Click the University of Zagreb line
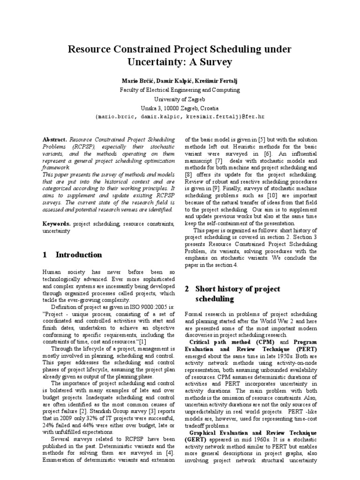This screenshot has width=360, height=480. click(x=180, y=99)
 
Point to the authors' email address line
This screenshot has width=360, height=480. click(x=180, y=117)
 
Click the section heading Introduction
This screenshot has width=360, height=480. click(x=78, y=255)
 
